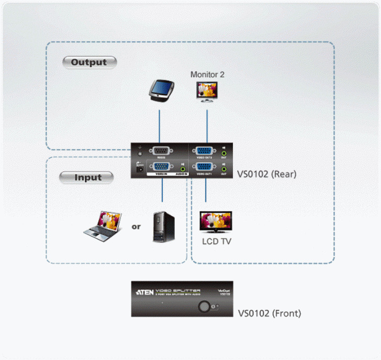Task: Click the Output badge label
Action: click(x=89, y=62)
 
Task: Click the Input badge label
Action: click(x=87, y=177)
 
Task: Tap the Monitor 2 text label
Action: click(x=207, y=75)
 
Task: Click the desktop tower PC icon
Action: click(x=163, y=226)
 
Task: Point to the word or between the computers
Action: click(x=136, y=227)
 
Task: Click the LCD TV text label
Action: click(x=217, y=241)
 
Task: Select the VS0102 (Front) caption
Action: click(x=270, y=314)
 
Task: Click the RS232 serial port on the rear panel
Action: click(x=159, y=150)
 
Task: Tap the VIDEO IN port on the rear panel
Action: click(x=159, y=167)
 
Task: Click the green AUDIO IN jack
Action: click(x=183, y=168)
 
